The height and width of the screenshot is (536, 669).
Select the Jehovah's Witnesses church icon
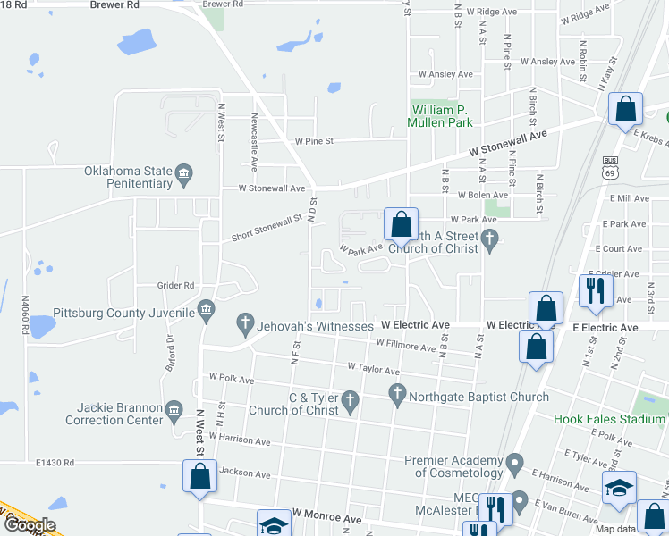click(x=244, y=322)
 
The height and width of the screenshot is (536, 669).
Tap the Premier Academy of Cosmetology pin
click(x=513, y=464)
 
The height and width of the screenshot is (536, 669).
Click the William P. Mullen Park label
click(x=439, y=116)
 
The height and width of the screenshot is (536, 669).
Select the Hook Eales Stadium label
click(x=609, y=419)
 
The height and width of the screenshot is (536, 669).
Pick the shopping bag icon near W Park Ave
click(x=401, y=223)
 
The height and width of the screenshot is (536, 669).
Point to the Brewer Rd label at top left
click(x=114, y=4)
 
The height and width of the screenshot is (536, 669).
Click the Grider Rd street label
click(x=176, y=286)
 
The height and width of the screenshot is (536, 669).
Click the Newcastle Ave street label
click(x=254, y=147)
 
